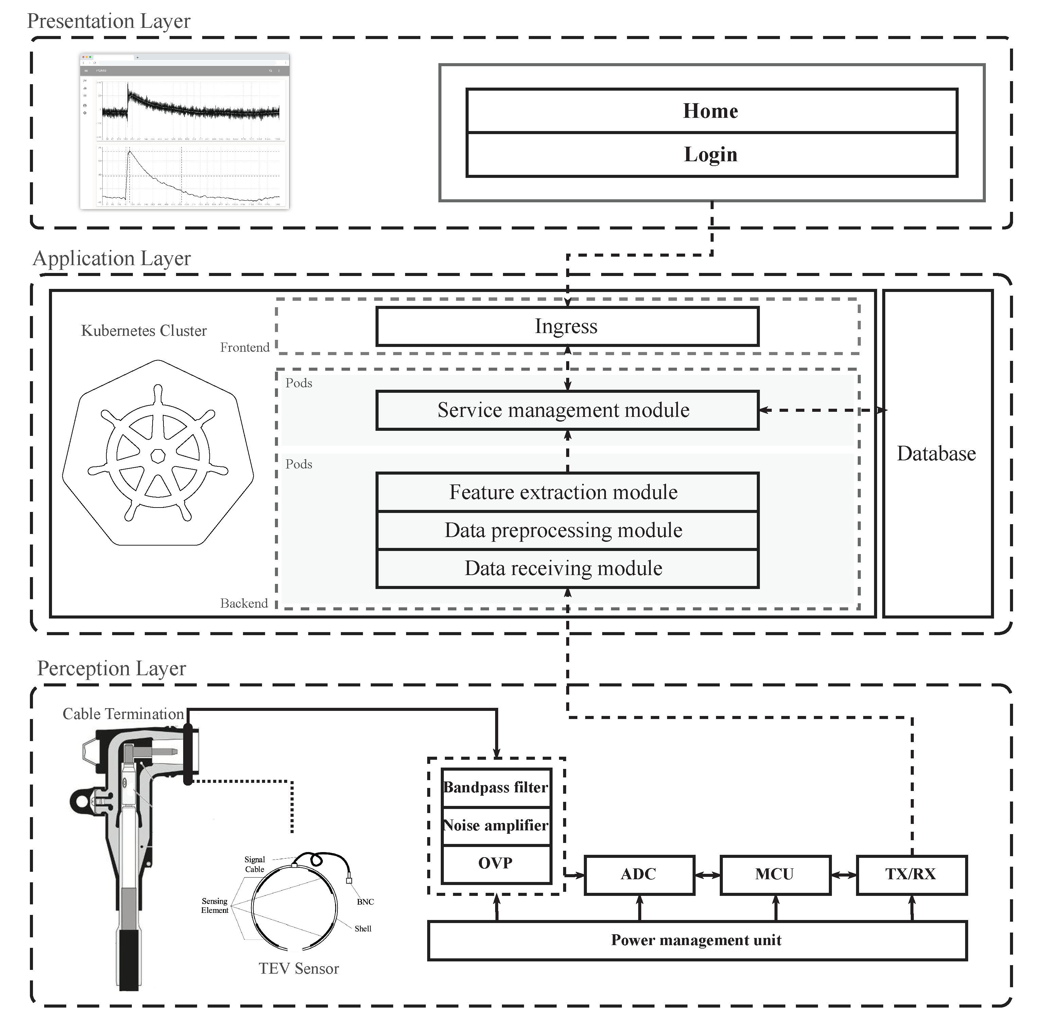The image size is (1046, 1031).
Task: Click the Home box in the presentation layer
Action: (711, 111)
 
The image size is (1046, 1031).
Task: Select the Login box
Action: (711, 155)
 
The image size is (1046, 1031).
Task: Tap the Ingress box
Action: (567, 327)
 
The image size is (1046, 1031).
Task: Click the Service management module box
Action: (567, 410)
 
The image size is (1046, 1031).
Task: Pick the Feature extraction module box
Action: (567, 492)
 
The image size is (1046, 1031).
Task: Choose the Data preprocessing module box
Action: (567, 531)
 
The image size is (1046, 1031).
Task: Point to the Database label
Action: (936, 453)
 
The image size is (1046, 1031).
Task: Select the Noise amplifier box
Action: (496, 826)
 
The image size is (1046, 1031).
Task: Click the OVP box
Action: (496, 863)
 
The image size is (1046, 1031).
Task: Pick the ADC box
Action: (639, 875)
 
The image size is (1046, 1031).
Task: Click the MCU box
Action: (775, 875)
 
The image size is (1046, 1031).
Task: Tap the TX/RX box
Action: (911, 875)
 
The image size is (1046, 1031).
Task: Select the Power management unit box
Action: (697, 940)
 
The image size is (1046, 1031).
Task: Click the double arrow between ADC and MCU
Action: (708, 875)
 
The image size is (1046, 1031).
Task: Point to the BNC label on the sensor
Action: (365, 902)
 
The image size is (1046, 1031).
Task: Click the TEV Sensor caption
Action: (299, 968)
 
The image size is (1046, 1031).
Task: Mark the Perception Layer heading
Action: (111, 668)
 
